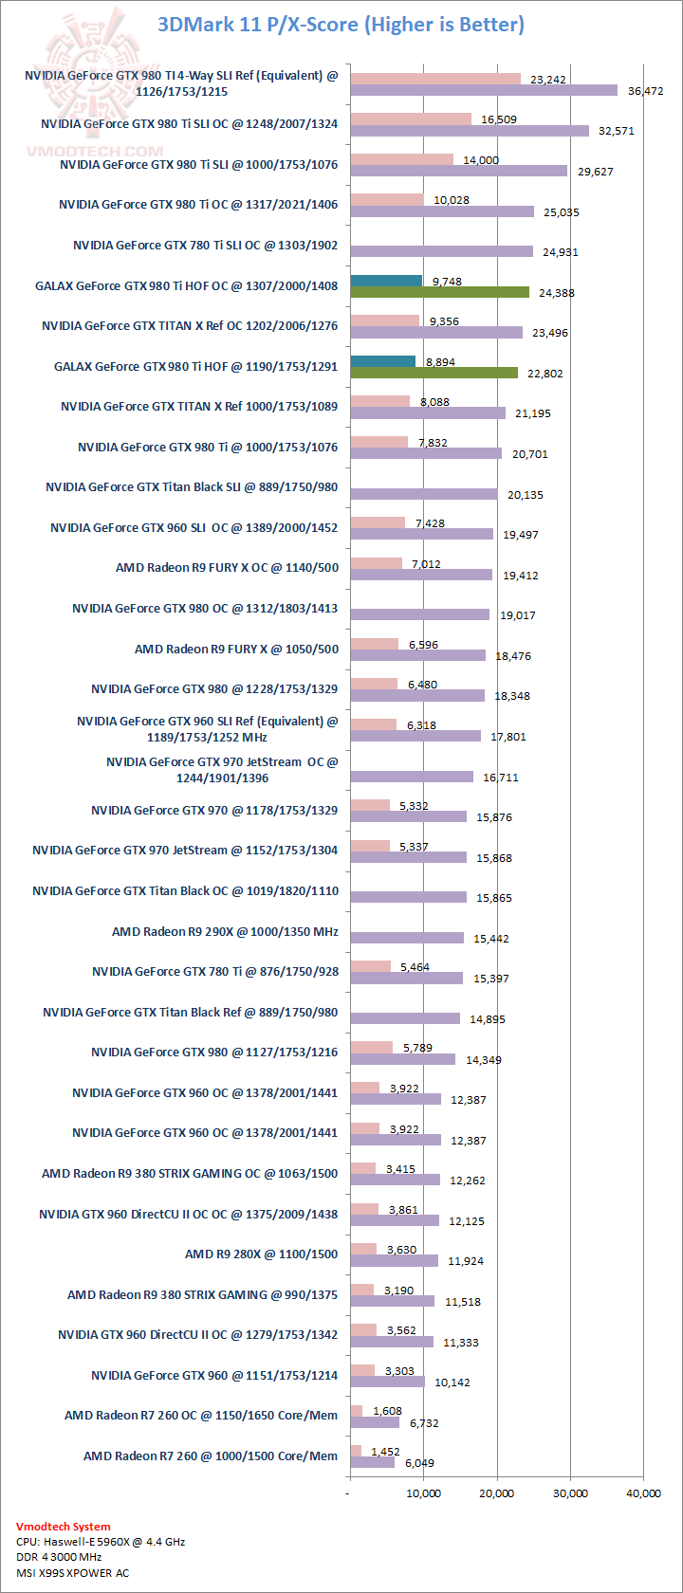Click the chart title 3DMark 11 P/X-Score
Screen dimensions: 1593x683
[341, 24]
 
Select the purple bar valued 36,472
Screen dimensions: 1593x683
[484, 90]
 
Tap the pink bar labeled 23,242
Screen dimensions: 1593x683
[435, 79]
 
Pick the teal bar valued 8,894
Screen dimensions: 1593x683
[383, 361]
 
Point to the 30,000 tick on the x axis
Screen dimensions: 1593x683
[570, 1493]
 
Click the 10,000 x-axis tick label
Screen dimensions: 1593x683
[424, 1493]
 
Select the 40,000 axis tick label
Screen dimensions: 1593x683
[644, 1493]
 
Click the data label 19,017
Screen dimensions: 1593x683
[518, 615]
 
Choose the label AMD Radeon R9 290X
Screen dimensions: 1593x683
[225, 931]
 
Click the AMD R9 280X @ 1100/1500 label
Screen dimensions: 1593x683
[261, 1254]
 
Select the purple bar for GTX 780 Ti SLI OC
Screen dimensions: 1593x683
[441, 251]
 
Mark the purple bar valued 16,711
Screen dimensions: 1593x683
[412, 777]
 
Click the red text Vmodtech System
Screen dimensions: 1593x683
[64, 1527]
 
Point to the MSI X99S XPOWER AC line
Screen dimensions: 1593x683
[73, 1573]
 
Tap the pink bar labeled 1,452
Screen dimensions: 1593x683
[356, 1451]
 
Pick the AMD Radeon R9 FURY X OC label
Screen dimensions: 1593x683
[227, 568]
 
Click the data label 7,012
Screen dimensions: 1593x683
[427, 564]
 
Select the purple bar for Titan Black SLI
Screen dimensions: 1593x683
[423, 494]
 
